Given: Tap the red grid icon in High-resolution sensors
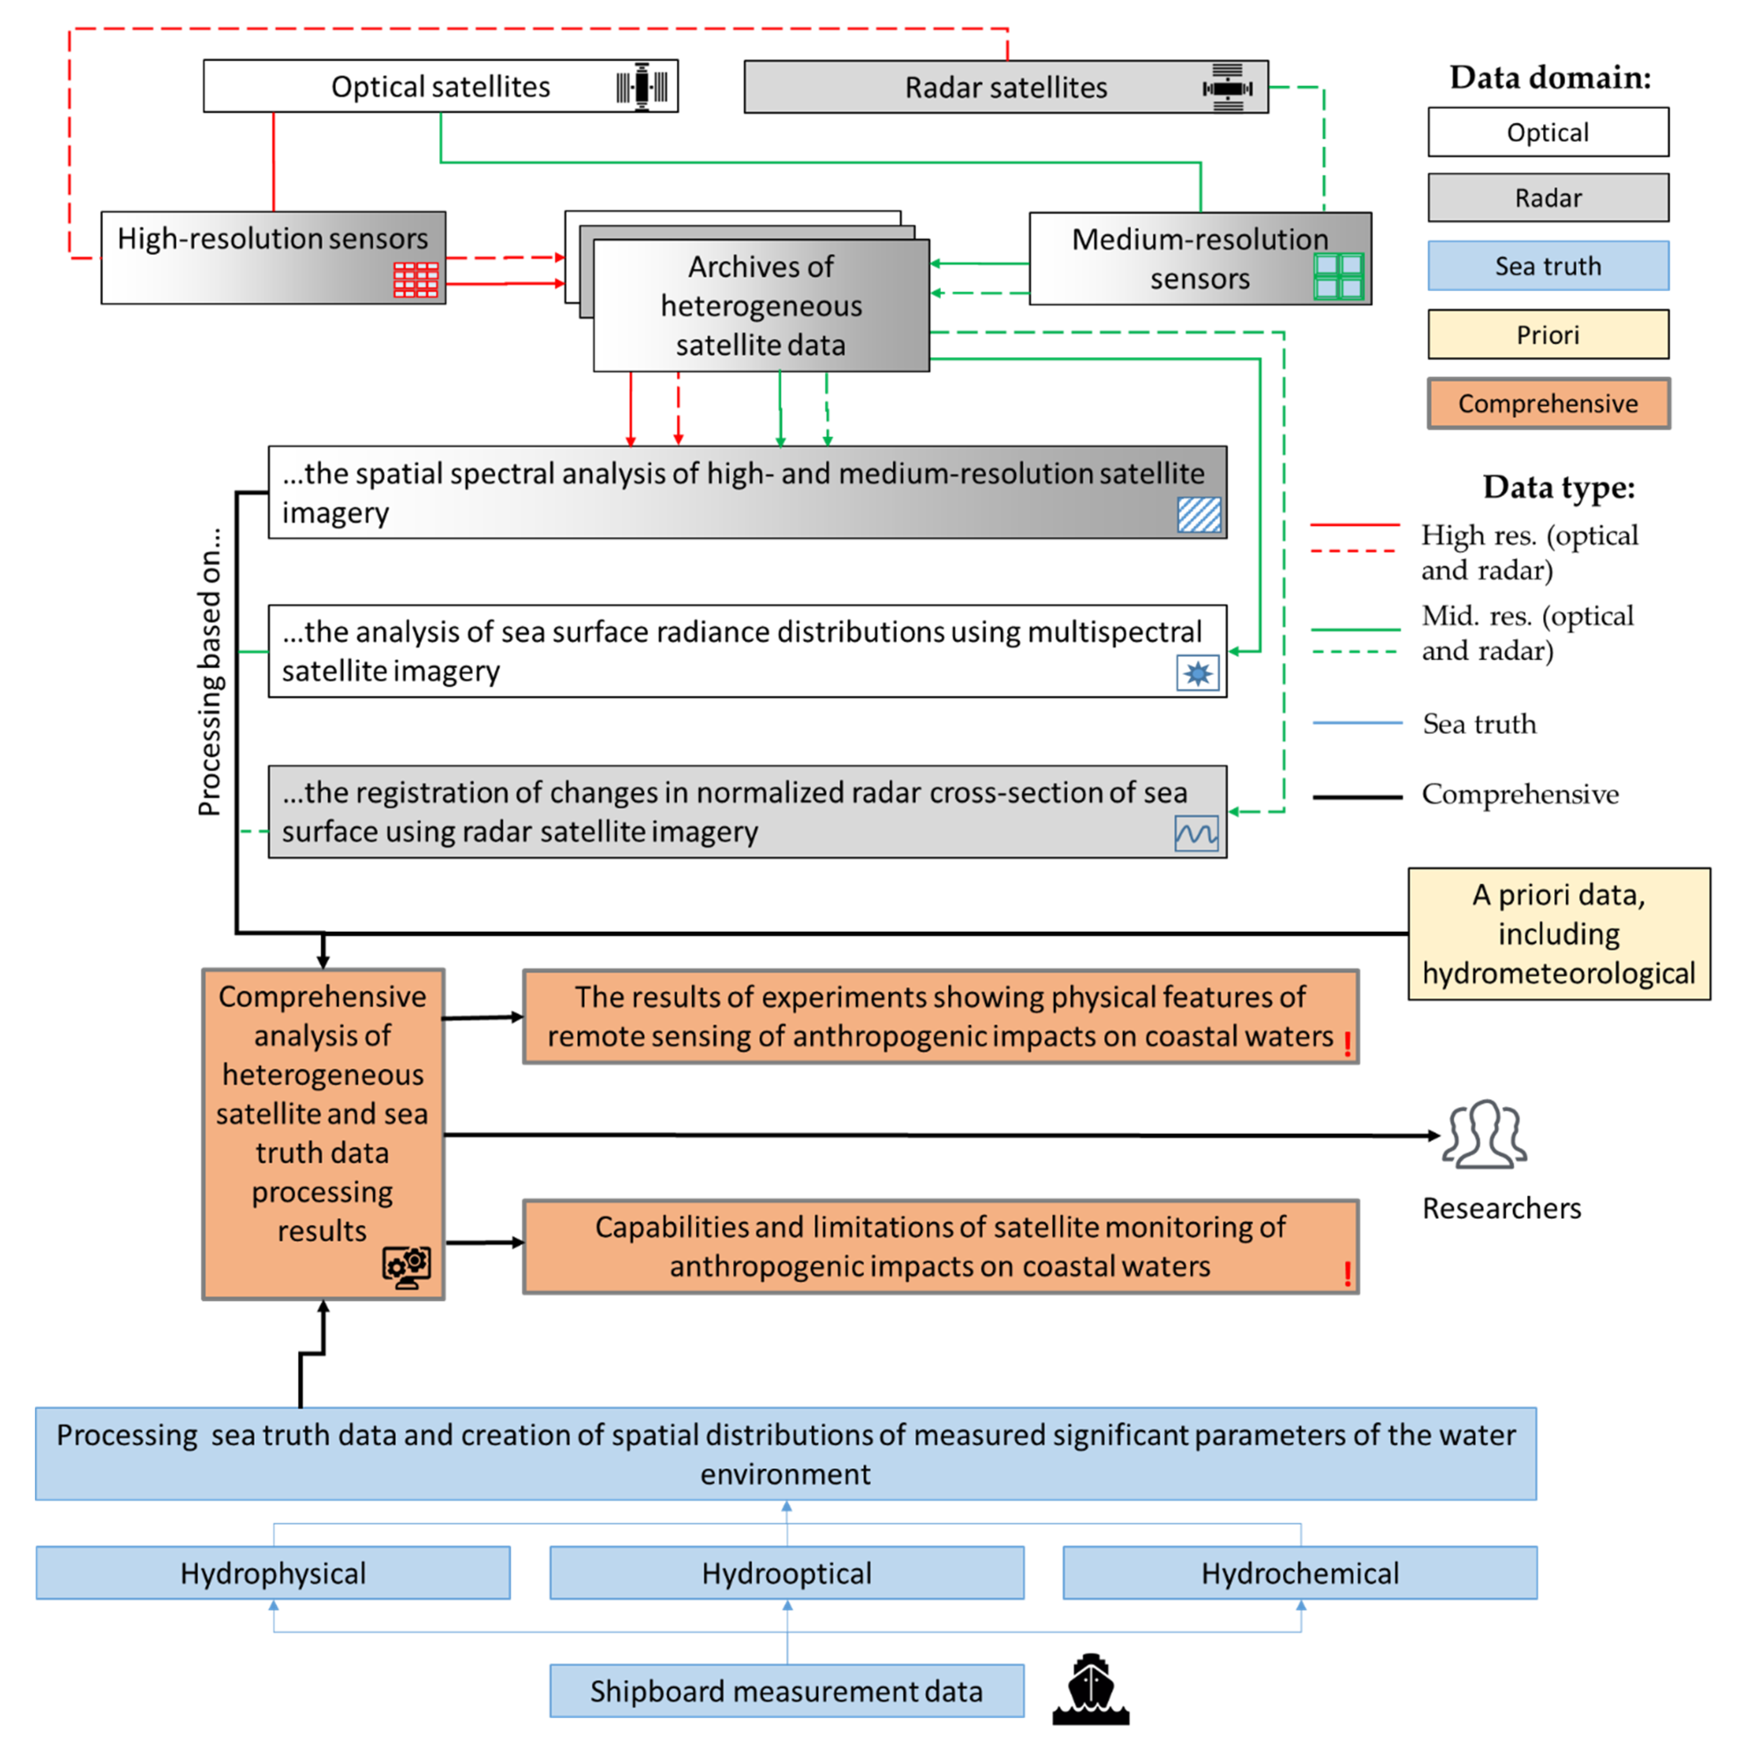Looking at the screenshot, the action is coord(416,280).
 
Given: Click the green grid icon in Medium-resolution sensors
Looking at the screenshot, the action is coord(1338,276).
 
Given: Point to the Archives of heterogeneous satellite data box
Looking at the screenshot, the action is coord(761,305).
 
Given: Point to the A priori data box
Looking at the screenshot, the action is coord(1558,933).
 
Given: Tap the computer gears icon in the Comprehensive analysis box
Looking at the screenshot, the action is coord(407,1266).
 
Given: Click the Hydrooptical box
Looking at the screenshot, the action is coord(787,1573).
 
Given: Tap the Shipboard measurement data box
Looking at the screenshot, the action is coord(787,1690).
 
